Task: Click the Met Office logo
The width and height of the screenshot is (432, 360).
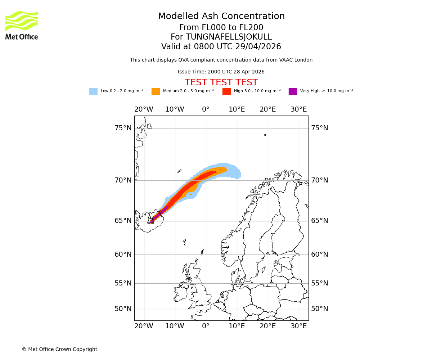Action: [x=22, y=25]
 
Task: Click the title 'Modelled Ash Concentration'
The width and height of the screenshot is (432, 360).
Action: [x=221, y=17]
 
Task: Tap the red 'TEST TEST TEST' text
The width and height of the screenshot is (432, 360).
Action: [x=221, y=82]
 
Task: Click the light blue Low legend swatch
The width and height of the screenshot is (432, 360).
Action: [x=93, y=91]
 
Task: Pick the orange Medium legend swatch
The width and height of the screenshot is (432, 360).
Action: [x=156, y=91]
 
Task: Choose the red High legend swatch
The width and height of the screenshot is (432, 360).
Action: [x=226, y=91]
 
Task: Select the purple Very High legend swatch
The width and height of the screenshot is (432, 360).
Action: [x=293, y=91]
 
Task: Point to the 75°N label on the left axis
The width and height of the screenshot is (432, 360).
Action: [x=123, y=128]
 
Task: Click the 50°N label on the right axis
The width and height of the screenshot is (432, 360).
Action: [x=320, y=309]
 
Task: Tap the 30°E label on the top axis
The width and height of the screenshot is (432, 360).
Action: [x=299, y=109]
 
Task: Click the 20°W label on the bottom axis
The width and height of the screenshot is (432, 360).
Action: [x=144, y=326]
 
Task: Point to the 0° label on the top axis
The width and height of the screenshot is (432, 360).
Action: [x=206, y=109]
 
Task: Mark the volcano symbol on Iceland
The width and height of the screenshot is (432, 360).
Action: [x=150, y=221]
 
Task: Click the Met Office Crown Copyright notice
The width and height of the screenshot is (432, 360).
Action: [x=59, y=349]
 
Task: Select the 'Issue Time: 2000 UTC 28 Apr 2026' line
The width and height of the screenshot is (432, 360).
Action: [x=221, y=72]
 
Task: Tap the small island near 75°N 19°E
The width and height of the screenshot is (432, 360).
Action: [x=265, y=135]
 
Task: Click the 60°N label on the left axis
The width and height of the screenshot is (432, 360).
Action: [x=123, y=255]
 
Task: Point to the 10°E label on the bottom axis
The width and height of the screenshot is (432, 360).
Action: [x=237, y=326]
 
